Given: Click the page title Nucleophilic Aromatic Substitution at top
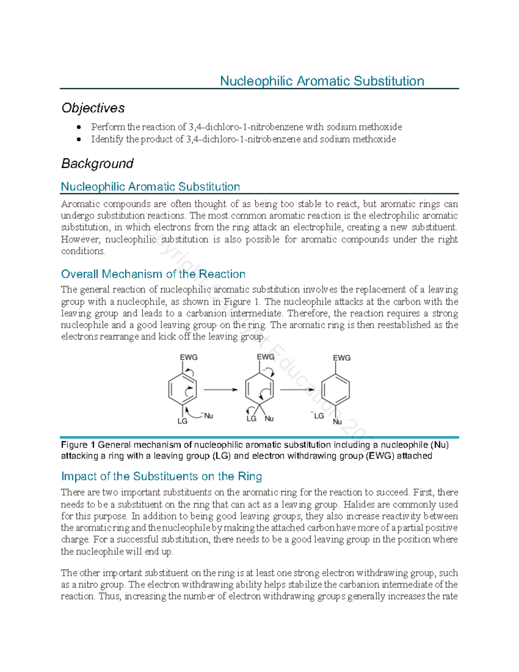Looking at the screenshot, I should [x=322, y=81].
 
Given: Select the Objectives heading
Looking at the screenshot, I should [x=93, y=108].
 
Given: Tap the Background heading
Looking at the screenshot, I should [x=97, y=164].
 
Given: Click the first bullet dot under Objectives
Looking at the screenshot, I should [x=78, y=127].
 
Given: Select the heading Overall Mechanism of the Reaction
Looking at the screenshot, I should [x=153, y=274].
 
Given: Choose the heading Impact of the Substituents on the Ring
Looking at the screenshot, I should [x=161, y=476].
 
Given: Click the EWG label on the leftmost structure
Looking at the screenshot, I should [x=189, y=357].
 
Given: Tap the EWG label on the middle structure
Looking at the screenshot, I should [x=266, y=357].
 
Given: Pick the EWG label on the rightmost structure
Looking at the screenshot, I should [x=342, y=358].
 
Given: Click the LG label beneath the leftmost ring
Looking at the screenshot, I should [x=183, y=421].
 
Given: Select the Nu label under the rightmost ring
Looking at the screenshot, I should [x=337, y=422].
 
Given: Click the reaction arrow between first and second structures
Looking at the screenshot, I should [x=221, y=390].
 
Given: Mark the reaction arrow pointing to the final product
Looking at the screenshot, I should [x=297, y=390].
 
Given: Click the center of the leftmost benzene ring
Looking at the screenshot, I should [x=183, y=389].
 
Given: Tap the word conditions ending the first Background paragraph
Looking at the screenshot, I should [x=83, y=251].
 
